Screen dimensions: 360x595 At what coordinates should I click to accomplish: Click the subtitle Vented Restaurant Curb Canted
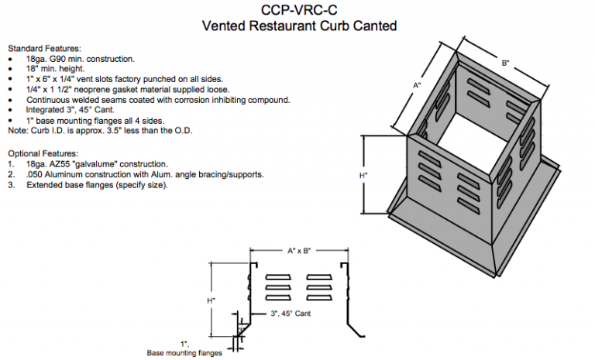299,26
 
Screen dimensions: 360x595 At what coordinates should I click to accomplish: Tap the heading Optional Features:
40,154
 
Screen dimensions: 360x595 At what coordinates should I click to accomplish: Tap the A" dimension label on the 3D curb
417,86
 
